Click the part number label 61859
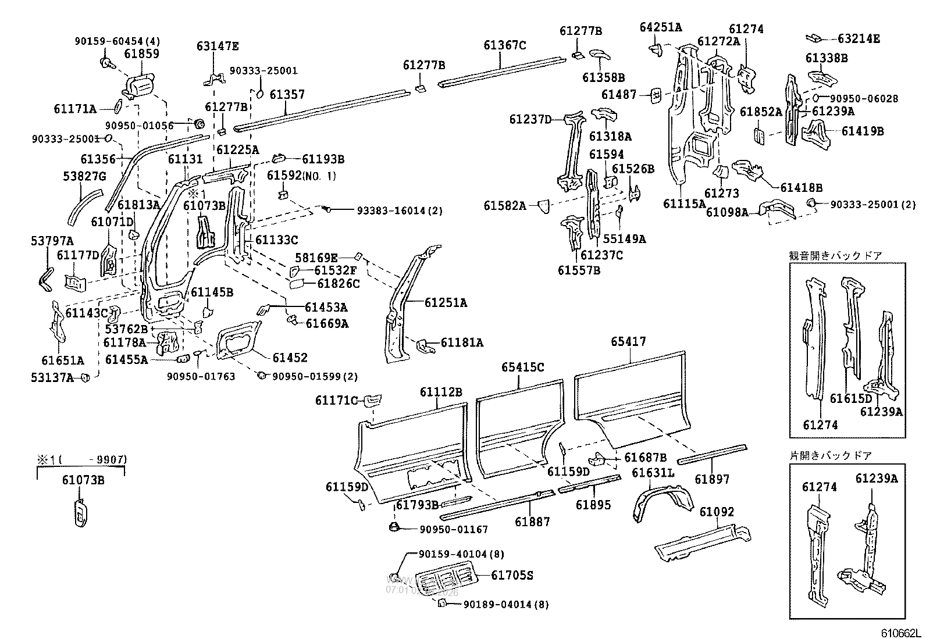click(141, 53)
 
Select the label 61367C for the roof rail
click(504, 45)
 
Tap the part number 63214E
click(859, 39)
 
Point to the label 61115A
click(684, 204)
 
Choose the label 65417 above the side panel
click(628, 342)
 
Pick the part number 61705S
click(512, 576)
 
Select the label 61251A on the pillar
click(446, 302)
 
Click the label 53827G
click(84, 176)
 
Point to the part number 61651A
click(63, 360)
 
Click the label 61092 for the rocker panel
click(717, 512)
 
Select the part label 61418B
click(801, 187)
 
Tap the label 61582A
click(504, 205)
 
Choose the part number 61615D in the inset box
click(851, 398)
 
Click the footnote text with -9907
click(82, 460)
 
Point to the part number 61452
click(290, 358)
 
